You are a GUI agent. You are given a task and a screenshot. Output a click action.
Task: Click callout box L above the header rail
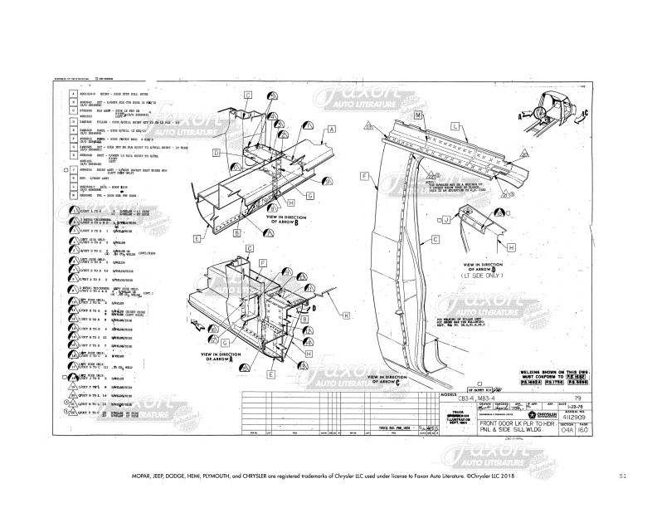(x=455, y=125)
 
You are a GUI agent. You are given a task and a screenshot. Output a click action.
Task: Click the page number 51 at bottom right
(x=623, y=476)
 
